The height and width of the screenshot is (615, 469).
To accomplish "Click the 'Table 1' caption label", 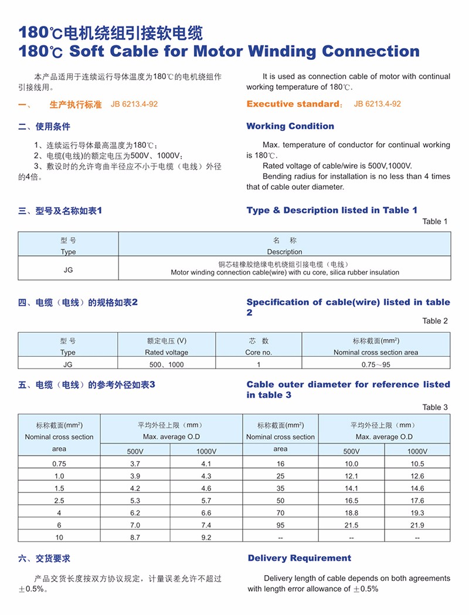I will click(x=435, y=221).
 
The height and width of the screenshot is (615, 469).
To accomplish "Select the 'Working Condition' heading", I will click(x=290, y=126).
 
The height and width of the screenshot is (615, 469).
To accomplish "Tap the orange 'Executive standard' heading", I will click(x=292, y=104).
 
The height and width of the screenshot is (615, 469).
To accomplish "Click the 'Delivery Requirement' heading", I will click(x=300, y=558).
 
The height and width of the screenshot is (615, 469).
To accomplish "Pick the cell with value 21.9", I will click(x=417, y=525).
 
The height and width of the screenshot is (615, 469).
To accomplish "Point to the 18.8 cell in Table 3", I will click(x=351, y=512).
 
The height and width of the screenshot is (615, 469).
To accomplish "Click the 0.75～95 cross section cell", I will click(x=376, y=364).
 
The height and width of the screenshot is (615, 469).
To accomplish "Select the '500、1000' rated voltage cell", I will click(x=166, y=364).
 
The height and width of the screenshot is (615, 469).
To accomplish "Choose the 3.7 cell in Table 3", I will click(x=135, y=464).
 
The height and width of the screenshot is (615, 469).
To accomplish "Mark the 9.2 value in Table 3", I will click(x=206, y=537).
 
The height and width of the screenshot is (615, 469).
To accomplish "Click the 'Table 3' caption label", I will click(x=435, y=407).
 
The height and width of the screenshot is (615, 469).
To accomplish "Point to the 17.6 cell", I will click(x=417, y=501).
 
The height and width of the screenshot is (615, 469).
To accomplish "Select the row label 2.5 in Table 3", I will click(x=59, y=501).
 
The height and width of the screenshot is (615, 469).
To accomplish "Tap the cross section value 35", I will click(x=280, y=488).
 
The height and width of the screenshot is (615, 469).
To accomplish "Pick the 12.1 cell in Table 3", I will click(x=351, y=476).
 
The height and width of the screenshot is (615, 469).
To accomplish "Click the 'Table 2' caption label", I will click(x=435, y=320).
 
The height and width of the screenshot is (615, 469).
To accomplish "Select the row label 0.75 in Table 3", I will click(x=59, y=464).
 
